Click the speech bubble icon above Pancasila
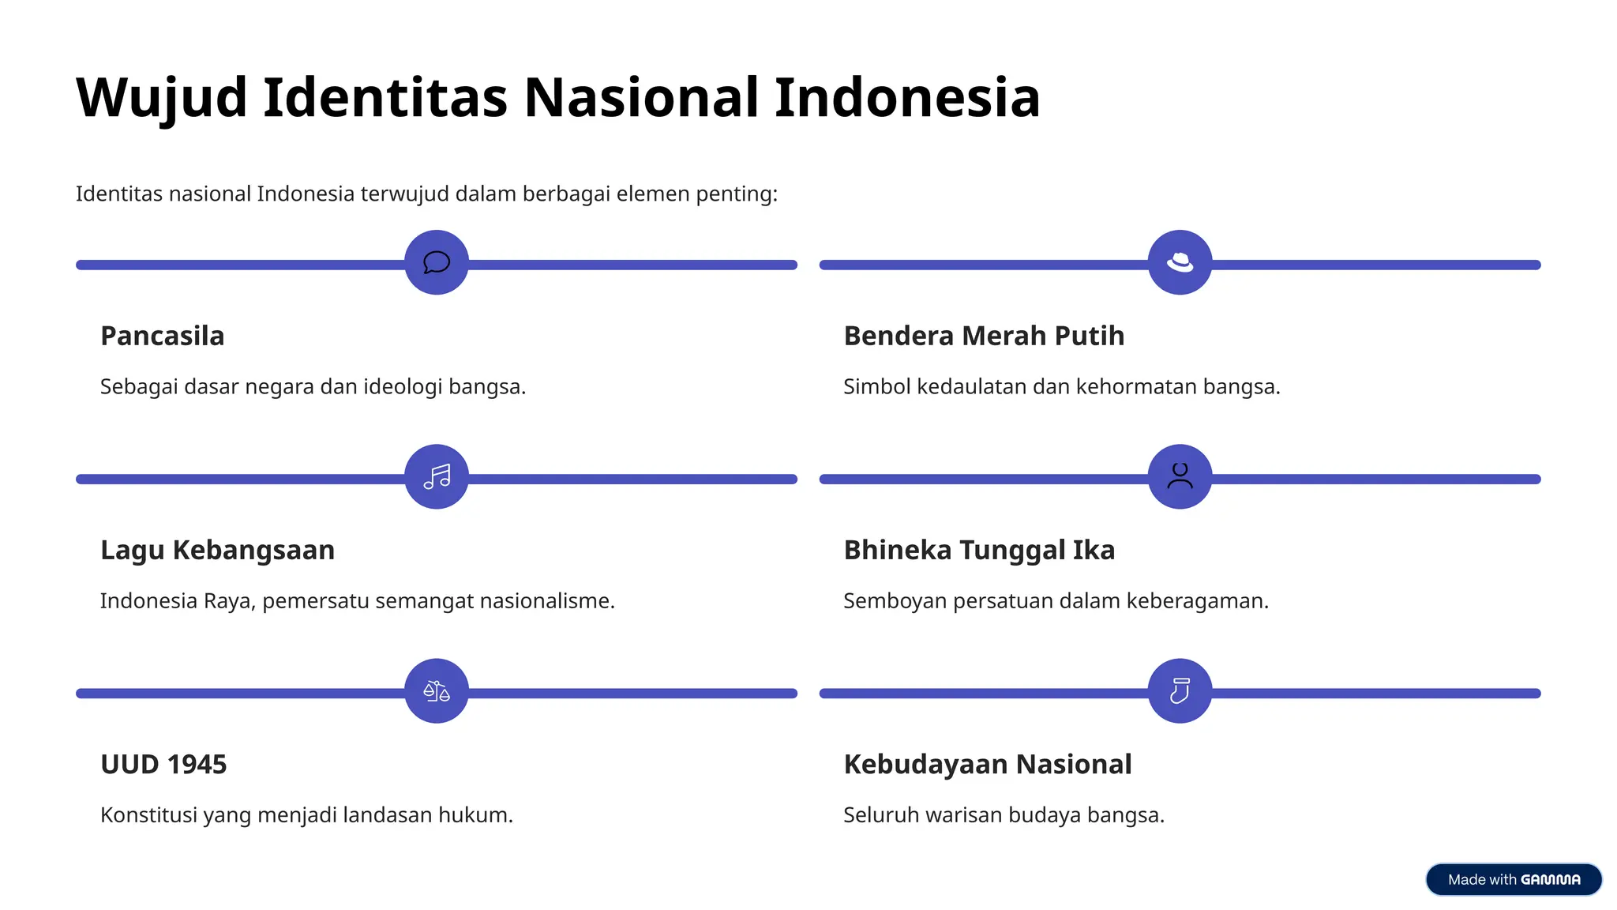437,262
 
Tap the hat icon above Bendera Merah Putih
1180,262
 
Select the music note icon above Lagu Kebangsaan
437,476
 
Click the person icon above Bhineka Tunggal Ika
1180,476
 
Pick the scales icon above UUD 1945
437,691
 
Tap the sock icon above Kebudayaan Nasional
1180,691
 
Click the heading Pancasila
163,336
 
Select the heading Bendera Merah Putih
984,336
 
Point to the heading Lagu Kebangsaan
217,550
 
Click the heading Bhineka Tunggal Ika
979,550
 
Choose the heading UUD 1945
163,764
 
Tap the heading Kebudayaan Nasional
988,764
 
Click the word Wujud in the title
161,98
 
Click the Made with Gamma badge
1514,879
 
